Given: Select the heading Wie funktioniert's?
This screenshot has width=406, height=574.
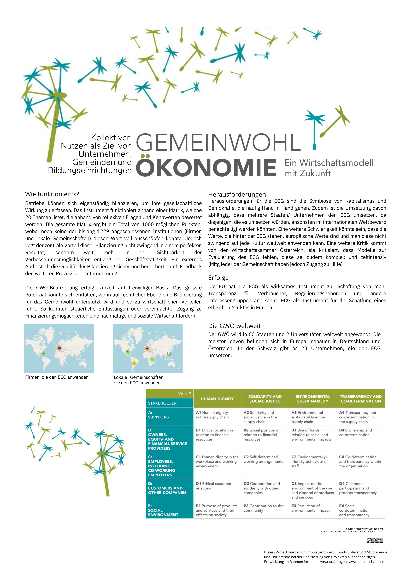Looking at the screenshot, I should pos(52,194).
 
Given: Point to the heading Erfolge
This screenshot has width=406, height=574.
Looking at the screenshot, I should pos(218,278).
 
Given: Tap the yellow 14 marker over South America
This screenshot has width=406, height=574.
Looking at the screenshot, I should pos(134,363).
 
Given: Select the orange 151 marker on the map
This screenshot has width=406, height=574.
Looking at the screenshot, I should pos(147,348).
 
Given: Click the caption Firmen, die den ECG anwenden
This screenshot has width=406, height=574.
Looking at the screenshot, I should pos(57,377).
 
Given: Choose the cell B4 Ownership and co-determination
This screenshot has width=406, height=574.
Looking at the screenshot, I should pos(355,432).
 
